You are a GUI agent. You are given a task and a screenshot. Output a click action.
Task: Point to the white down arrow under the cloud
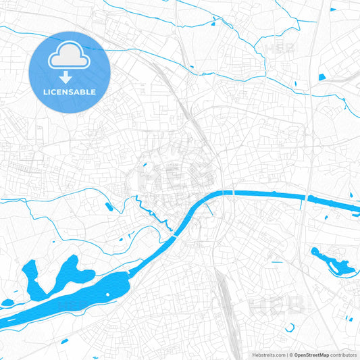coord(66,78)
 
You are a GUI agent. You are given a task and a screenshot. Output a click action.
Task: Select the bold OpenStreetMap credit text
coord(310,355)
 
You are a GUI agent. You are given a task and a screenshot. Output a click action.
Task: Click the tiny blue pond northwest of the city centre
coord(191,67)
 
